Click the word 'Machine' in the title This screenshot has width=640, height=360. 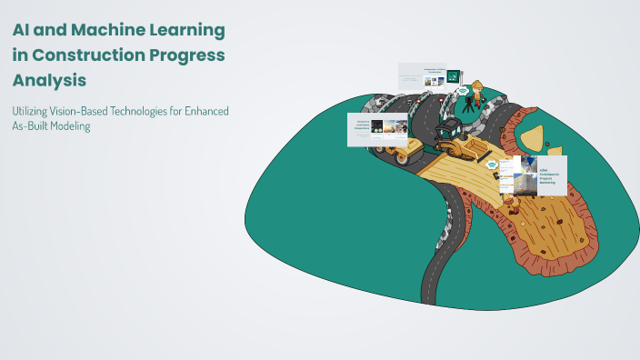[105, 30]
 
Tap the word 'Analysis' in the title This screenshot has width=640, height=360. [49, 80]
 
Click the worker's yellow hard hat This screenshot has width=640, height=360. [476, 85]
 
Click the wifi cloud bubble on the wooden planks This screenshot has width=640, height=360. [492, 165]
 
